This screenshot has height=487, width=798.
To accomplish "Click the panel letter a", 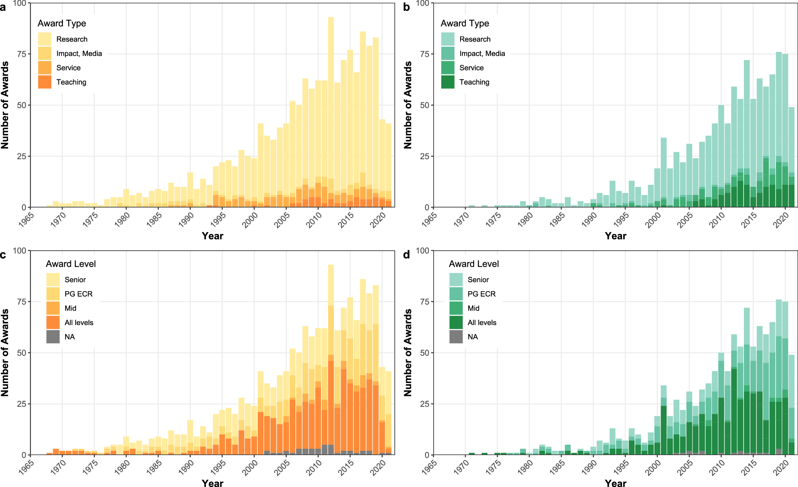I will (x=3, y=7).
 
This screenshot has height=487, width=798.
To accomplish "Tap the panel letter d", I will (x=406, y=255).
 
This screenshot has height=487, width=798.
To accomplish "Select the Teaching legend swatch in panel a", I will (x=45, y=82).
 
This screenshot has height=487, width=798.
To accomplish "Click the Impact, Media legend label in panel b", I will (x=482, y=54).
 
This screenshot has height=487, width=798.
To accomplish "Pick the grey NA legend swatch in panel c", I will (x=53, y=337).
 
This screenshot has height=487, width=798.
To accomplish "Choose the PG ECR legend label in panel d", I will (x=482, y=294).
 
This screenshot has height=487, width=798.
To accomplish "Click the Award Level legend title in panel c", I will (x=70, y=264).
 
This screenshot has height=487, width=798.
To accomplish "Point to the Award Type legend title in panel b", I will (x=465, y=23).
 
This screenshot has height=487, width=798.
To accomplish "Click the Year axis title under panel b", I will (x=615, y=236).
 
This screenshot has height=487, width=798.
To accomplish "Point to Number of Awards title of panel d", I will (x=408, y=353).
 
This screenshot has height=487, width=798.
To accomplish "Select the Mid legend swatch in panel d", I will (x=456, y=308).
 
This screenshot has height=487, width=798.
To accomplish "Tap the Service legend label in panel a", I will (x=69, y=68).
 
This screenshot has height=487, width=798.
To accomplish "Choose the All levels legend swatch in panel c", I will (x=53, y=322).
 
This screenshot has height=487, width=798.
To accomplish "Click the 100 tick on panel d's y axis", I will (x=422, y=251).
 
